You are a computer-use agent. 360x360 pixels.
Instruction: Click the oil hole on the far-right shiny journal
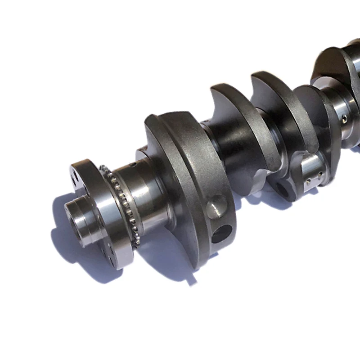(x=344, y=118)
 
